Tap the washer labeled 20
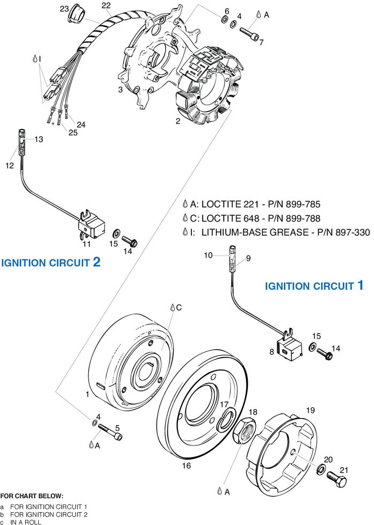(322, 469)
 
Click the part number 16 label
(186, 466)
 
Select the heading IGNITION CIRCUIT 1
(314, 286)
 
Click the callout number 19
(310, 411)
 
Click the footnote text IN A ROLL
(25, 522)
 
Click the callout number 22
(106, 5)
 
